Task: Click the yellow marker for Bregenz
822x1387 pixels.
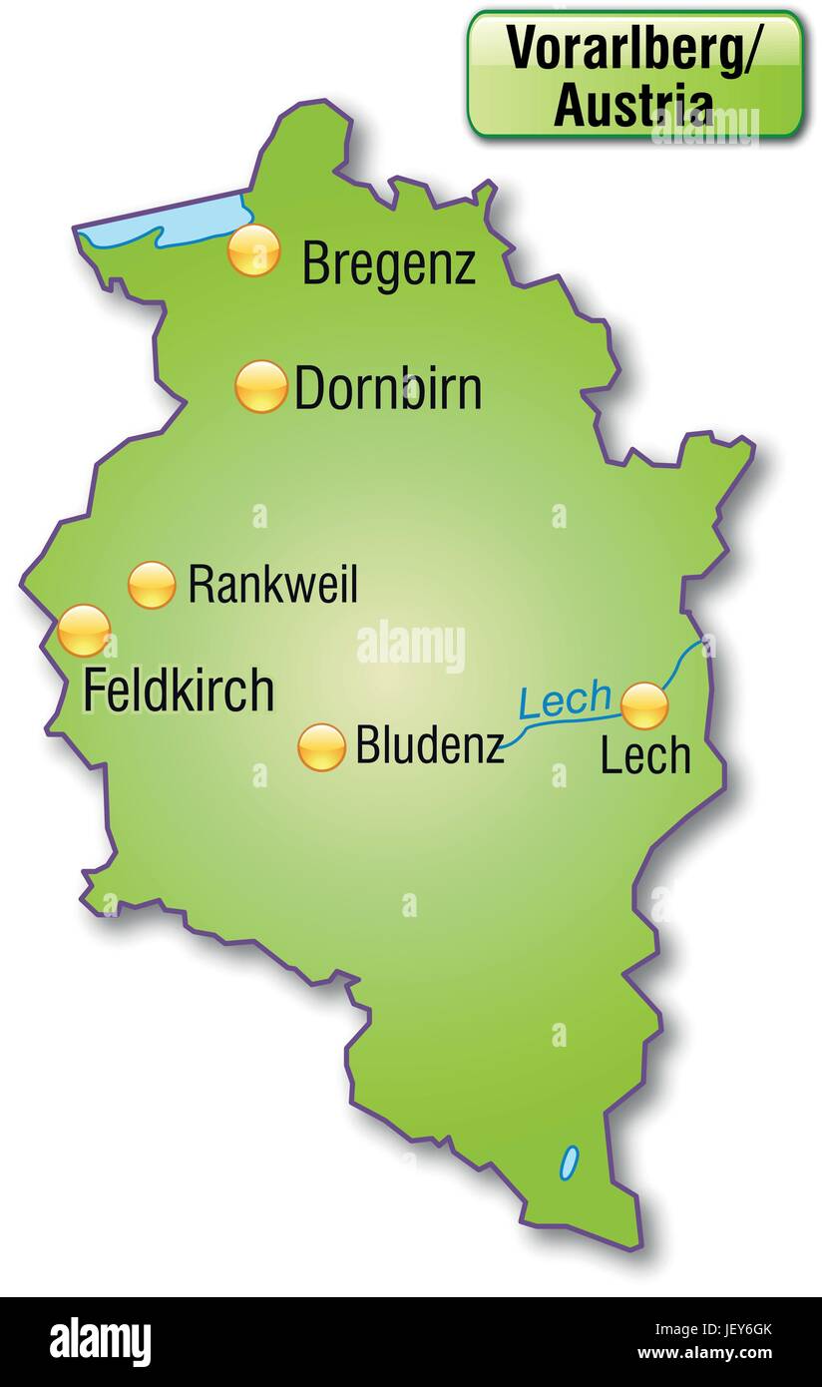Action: [x=253, y=249]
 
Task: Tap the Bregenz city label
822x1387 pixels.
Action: [x=389, y=264]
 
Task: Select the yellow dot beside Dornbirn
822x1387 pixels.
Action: [x=261, y=386]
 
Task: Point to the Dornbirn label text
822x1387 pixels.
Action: [x=388, y=388]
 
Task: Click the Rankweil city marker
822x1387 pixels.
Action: [x=152, y=585]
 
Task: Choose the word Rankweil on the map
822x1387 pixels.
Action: [x=272, y=585]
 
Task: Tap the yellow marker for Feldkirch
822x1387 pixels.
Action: [x=84, y=631]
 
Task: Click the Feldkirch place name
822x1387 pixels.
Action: [x=178, y=691]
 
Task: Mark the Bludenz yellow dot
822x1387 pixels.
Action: [x=321, y=747]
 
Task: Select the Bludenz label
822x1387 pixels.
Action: [x=430, y=745]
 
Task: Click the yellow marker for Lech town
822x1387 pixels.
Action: [x=644, y=706]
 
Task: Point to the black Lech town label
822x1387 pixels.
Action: [x=645, y=756]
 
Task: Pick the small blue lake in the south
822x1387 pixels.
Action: [x=569, y=1161]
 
